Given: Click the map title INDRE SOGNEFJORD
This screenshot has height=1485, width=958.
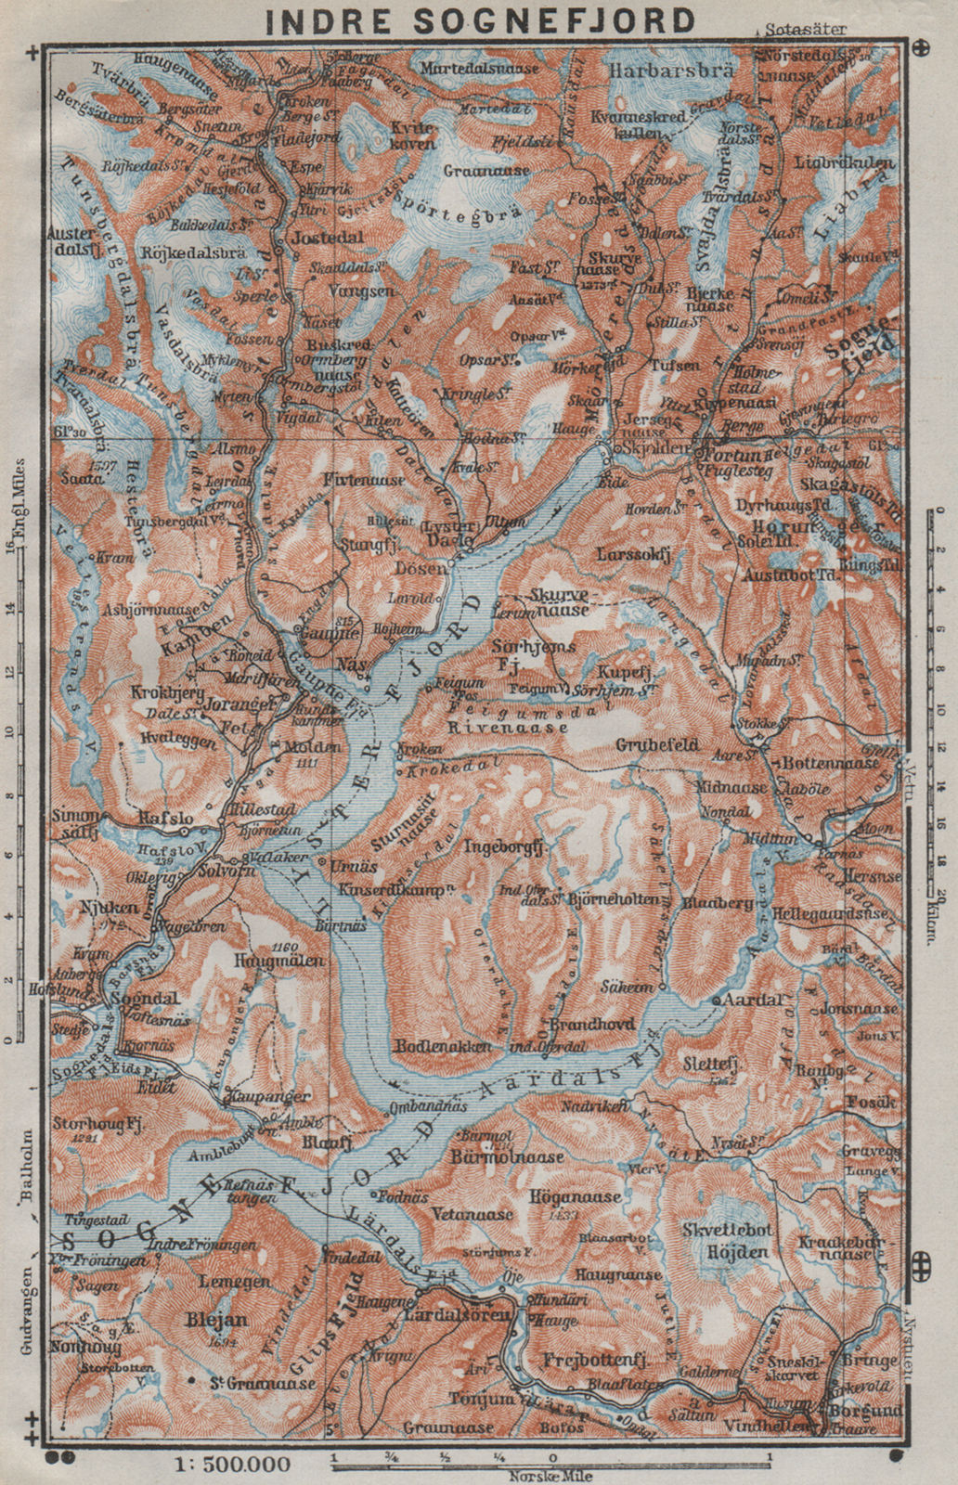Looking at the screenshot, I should pyautogui.click(x=478, y=19).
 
